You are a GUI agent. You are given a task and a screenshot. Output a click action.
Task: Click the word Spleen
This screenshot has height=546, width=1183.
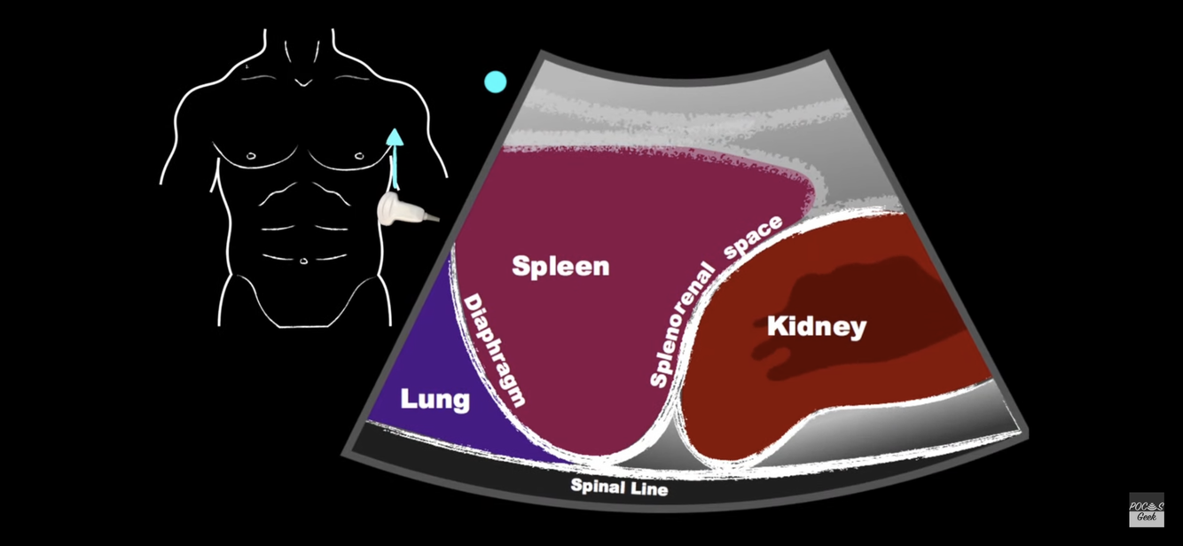(x=560, y=266)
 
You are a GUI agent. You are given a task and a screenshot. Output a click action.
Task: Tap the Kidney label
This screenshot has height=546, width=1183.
(x=816, y=326)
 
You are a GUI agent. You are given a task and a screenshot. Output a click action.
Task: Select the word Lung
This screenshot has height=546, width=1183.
(x=435, y=399)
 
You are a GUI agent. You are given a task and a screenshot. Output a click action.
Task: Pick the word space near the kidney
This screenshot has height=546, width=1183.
(x=754, y=237)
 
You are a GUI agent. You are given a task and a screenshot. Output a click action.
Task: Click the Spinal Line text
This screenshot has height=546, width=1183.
(x=619, y=487)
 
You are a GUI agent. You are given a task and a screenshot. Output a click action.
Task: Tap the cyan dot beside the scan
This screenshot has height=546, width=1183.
(x=496, y=82)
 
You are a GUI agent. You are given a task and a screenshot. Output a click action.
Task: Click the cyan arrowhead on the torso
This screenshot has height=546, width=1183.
(x=395, y=137)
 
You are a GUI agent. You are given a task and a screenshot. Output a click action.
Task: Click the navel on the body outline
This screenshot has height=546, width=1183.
(x=304, y=261)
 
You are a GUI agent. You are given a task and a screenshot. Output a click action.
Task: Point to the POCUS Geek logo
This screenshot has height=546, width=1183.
(x=1146, y=511)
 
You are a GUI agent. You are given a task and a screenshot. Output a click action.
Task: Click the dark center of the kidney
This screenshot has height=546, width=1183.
(x=851, y=310)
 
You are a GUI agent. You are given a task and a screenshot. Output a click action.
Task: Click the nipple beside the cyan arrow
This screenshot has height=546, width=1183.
(x=359, y=156)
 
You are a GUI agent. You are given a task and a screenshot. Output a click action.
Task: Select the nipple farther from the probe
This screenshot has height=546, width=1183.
(x=251, y=156)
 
